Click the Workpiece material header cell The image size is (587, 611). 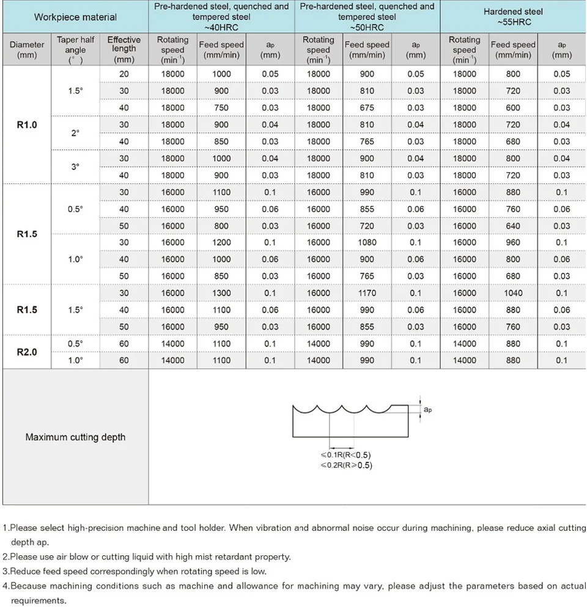(x=75, y=17)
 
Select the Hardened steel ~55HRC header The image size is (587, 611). (x=513, y=17)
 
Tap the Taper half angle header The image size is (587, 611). (x=76, y=50)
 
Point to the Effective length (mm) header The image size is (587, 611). (x=124, y=50)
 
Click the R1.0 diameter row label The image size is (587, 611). (x=27, y=125)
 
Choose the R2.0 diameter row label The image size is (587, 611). (x=27, y=352)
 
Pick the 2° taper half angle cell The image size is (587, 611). (x=76, y=133)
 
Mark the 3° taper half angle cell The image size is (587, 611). (x=76, y=166)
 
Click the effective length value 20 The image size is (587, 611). (x=124, y=74)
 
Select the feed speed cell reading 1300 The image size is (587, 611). (x=221, y=293)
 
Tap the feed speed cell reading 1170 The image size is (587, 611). (x=367, y=293)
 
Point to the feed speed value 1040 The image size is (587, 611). (x=513, y=293)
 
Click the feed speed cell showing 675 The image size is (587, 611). (x=367, y=108)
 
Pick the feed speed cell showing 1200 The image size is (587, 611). (x=221, y=242)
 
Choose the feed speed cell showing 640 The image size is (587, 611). (x=513, y=226)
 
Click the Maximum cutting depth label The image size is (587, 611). (x=75, y=437)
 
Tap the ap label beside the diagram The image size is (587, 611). (x=428, y=410)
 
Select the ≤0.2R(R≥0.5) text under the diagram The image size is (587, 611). (x=345, y=465)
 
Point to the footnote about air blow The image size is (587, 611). (x=147, y=557)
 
